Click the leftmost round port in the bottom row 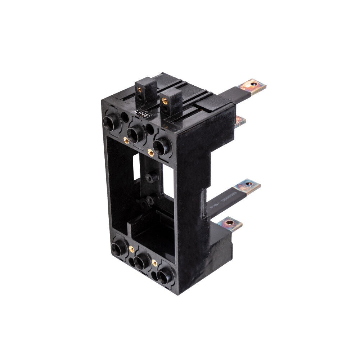[117, 248]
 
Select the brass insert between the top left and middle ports [126, 139]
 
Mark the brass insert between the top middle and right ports [150, 152]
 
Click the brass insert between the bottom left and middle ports [131, 249]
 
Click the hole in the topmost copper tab [255, 85]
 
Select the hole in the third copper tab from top [248, 185]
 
